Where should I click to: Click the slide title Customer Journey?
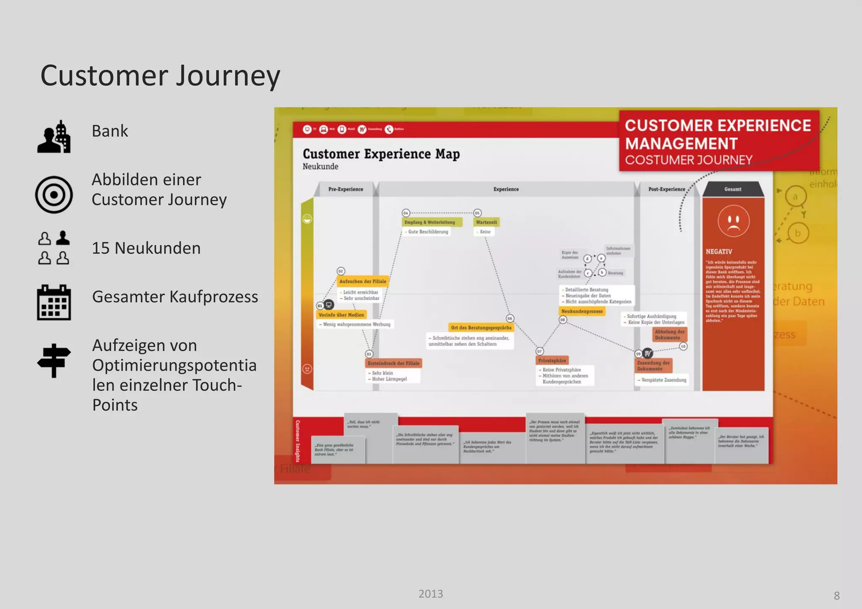[x=160, y=76]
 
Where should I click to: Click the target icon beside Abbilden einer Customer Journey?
[x=54, y=195]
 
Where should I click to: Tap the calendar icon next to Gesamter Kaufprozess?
[x=54, y=302]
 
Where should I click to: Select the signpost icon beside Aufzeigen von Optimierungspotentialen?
[x=53, y=360]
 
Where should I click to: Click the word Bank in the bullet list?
[x=109, y=131]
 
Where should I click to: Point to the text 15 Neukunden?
[x=146, y=248]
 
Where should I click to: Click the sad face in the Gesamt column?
[x=733, y=220]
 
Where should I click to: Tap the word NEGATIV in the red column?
[x=718, y=252]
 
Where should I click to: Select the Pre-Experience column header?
[x=346, y=189]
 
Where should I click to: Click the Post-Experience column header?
[x=666, y=189]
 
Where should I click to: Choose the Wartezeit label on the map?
[x=486, y=222]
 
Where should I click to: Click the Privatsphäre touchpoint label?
[x=552, y=360]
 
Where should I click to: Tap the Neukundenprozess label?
[x=582, y=311]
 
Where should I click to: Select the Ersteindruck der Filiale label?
[x=393, y=363]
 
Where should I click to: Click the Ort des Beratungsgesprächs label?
[x=481, y=327]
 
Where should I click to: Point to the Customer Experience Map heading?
[x=381, y=154]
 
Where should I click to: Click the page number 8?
[x=836, y=596]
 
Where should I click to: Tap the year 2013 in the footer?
[x=431, y=593]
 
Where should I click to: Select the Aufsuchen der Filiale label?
[x=362, y=281]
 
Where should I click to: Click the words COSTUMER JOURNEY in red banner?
[x=688, y=160]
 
